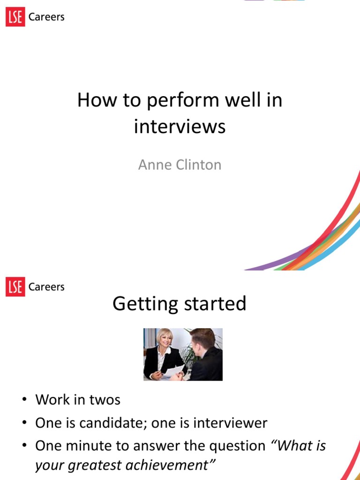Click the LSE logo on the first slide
pos(15,17)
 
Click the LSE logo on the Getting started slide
pos(15,287)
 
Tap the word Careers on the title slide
pos(46,17)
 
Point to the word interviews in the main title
pos(180,127)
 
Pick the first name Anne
pos(152,165)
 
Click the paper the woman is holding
pos(174,371)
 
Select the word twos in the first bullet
pos(106,400)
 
